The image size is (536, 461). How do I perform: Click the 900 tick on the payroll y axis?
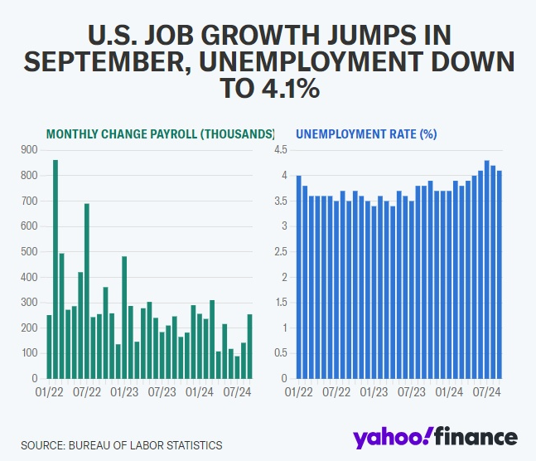(x=30, y=150)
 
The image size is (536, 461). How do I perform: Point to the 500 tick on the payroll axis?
(x=30, y=252)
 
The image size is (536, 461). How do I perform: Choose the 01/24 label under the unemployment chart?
(x=450, y=389)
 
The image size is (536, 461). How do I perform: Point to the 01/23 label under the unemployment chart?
(x=375, y=389)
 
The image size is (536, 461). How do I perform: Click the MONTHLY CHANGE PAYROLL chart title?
(x=159, y=133)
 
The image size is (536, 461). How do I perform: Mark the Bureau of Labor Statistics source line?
(x=122, y=445)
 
